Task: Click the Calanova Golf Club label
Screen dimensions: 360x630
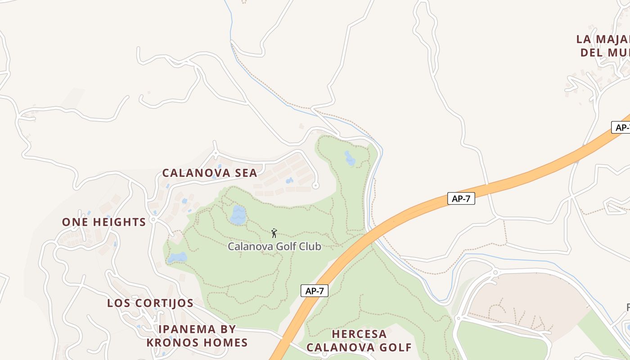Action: pyautogui.click(x=274, y=247)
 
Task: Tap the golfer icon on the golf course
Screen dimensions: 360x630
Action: pyautogui.click(x=274, y=233)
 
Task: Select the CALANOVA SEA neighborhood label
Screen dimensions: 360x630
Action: pyautogui.click(x=210, y=173)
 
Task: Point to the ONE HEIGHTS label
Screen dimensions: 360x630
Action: pyautogui.click(x=104, y=222)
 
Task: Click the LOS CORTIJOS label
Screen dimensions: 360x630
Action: pyautogui.click(x=150, y=303)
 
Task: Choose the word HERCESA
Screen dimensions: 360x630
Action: pyautogui.click(x=359, y=334)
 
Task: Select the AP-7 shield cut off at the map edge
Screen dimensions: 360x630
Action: pyautogui.click(x=621, y=127)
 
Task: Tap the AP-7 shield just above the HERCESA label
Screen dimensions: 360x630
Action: pyautogui.click(x=315, y=291)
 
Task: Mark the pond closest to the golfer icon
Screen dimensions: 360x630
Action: pyautogui.click(x=238, y=215)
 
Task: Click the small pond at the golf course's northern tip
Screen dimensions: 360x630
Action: pyautogui.click(x=350, y=158)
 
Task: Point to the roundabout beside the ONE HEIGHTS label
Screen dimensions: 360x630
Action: pyautogui.click(x=153, y=220)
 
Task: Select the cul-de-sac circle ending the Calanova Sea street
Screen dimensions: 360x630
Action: pyautogui.click(x=315, y=185)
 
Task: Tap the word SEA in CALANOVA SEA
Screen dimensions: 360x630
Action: pyautogui.click(x=246, y=173)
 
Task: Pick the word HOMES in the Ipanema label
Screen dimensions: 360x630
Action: pyautogui.click(x=228, y=342)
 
